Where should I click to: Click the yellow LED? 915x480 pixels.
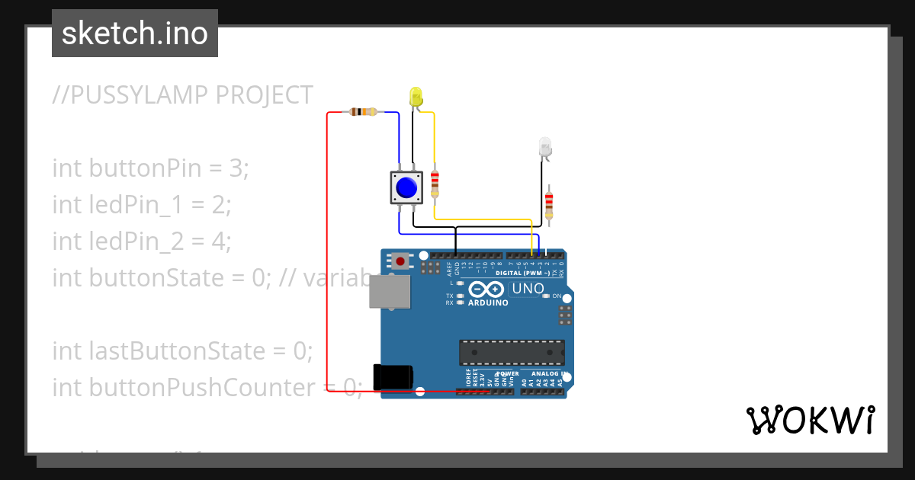[x=416, y=97]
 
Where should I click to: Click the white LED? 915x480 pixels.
[x=544, y=147]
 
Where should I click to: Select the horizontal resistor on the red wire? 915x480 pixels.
[x=363, y=112]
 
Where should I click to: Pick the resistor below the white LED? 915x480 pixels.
[x=549, y=204]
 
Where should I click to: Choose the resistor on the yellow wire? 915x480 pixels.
[x=435, y=183]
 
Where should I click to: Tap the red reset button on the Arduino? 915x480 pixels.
[x=400, y=261]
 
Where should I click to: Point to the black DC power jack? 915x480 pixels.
[x=393, y=376]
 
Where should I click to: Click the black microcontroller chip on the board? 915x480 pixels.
[x=512, y=353]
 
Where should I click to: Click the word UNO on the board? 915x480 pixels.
[x=527, y=289]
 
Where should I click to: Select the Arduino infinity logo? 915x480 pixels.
[x=486, y=290]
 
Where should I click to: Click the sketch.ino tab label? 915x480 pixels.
[x=134, y=34]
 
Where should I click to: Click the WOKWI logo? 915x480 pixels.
[x=810, y=420]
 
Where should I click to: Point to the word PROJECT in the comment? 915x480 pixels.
[x=265, y=95]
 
